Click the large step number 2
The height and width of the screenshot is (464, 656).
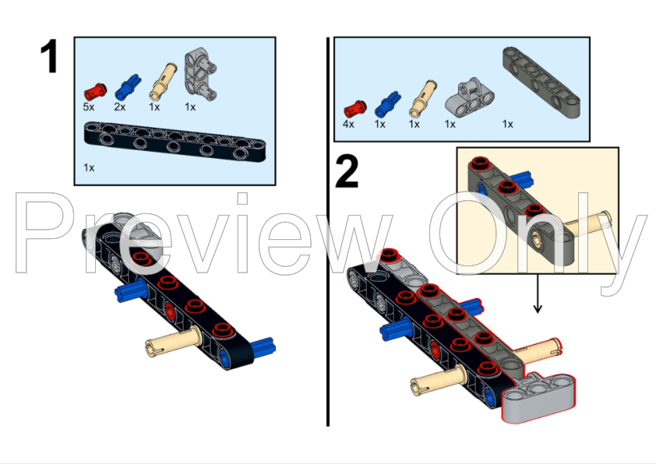(x=347, y=171)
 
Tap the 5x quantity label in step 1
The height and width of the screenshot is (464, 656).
(x=90, y=107)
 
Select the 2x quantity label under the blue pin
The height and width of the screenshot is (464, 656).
(x=120, y=107)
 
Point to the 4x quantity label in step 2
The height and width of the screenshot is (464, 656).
(x=348, y=124)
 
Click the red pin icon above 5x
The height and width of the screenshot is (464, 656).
(x=97, y=86)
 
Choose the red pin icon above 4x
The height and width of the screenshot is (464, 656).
(x=354, y=107)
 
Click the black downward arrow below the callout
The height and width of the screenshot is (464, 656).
(x=537, y=301)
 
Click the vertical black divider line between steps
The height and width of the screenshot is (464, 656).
(x=327, y=234)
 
